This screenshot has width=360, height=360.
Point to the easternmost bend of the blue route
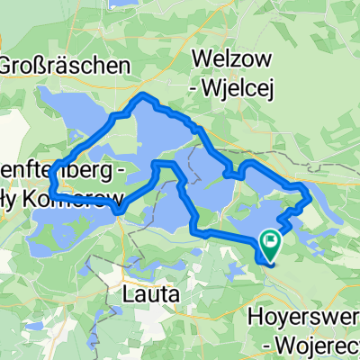click(x=309, y=194)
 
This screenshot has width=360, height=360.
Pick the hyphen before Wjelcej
click(x=201, y=88)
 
